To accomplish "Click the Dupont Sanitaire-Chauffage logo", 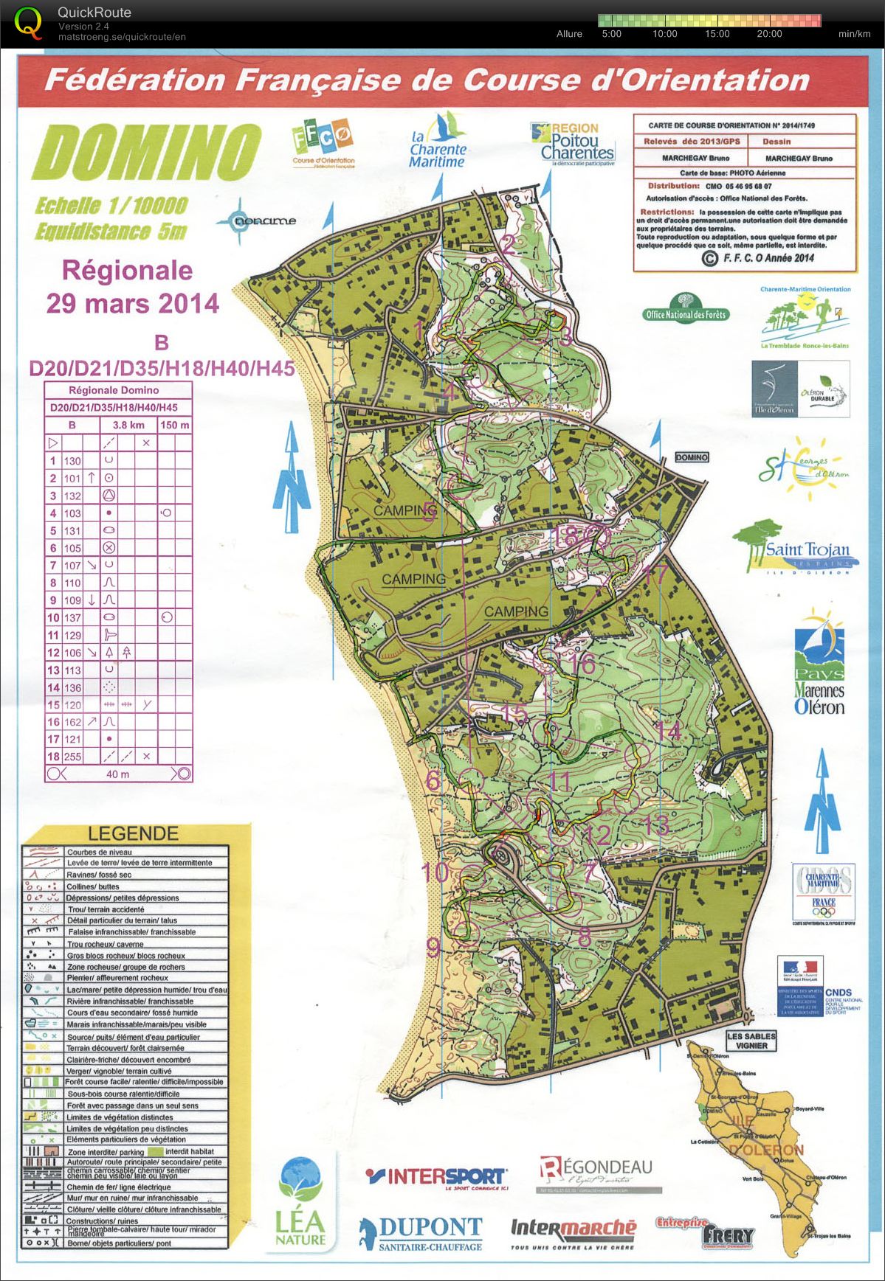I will click(x=421, y=1233).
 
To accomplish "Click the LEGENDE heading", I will click(x=133, y=833).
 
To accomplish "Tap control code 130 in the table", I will click(x=72, y=461).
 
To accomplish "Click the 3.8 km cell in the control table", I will click(x=128, y=425).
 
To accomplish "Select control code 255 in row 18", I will click(x=72, y=756).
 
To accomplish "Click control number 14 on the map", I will click(x=669, y=731).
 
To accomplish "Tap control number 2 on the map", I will click(x=508, y=244).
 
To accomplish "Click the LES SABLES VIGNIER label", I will click(x=751, y=1041).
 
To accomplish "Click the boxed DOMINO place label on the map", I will click(x=692, y=457).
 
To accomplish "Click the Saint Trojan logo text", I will click(x=807, y=550).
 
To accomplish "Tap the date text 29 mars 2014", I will click(x=133, y=303).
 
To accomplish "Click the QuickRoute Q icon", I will click(x=28, y=21).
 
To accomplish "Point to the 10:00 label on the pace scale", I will click(x=664, y=34).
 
